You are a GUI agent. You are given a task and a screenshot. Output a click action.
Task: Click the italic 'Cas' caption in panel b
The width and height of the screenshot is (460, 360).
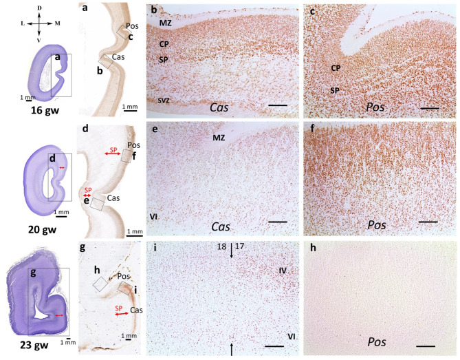pos(220,107)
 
